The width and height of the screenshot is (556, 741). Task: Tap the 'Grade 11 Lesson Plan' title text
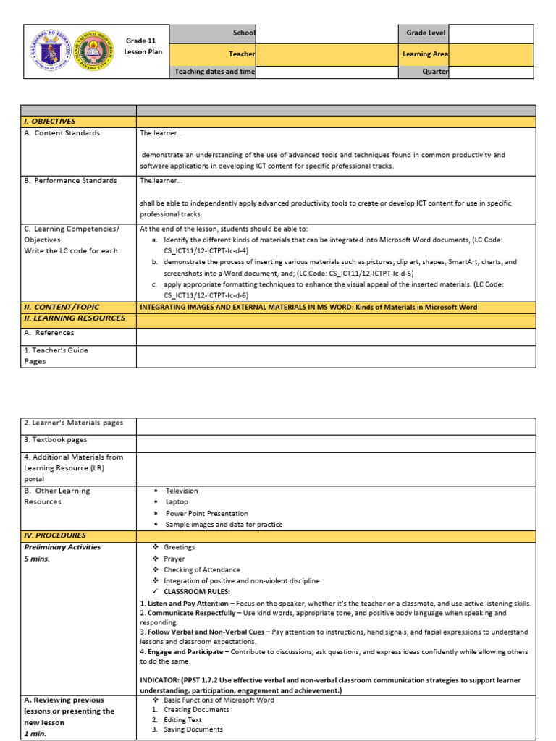click(x=143, y=47)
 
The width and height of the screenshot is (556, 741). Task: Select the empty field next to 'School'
click(x=326, y=33)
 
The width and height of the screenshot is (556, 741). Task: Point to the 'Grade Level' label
click(x=426, y=33)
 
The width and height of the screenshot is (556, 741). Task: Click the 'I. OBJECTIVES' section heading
click(x=50, y=122)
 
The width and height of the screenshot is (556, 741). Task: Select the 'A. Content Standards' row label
click(x=62, y=133)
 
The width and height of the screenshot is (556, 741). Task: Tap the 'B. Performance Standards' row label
click(x=70, y=181)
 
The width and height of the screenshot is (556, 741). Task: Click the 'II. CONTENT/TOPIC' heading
click(x=62, y=307)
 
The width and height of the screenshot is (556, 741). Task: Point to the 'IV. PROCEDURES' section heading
click(x=55, y=535)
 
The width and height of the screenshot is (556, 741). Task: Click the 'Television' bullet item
click(x=181, y=491)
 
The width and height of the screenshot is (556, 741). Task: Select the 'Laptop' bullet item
click(x=177, y=501)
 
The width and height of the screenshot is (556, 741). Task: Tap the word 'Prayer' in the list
click(x=174, y=559)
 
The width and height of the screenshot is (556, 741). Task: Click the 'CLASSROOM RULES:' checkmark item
click(x=197, y=591)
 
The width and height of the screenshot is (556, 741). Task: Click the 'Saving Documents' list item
click(x=193, y=729)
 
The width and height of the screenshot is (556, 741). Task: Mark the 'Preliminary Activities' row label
click(x=62, y=547)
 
